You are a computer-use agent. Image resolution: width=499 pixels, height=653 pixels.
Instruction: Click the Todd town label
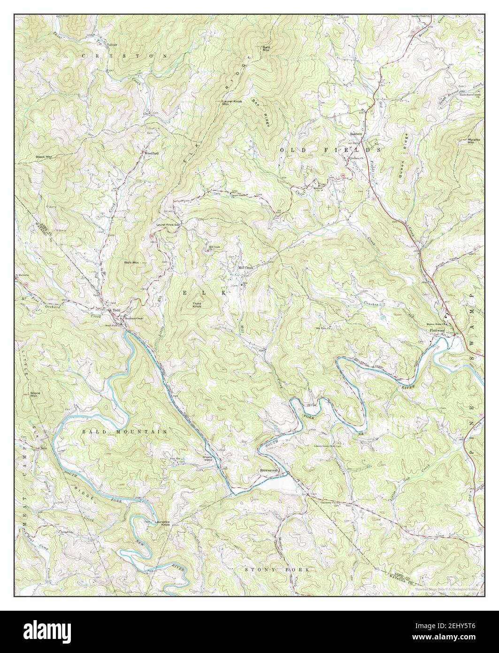115,311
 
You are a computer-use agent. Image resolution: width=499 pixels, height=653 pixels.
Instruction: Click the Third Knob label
197,305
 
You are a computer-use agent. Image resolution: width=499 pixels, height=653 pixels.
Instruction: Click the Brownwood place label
269,470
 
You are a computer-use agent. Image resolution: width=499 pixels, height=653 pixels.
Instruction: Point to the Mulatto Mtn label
470,140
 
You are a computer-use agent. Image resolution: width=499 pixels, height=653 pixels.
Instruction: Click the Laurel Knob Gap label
169,225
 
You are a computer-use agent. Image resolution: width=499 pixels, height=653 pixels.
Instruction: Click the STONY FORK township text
278,569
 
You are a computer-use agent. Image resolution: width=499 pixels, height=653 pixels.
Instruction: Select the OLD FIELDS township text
330,149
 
